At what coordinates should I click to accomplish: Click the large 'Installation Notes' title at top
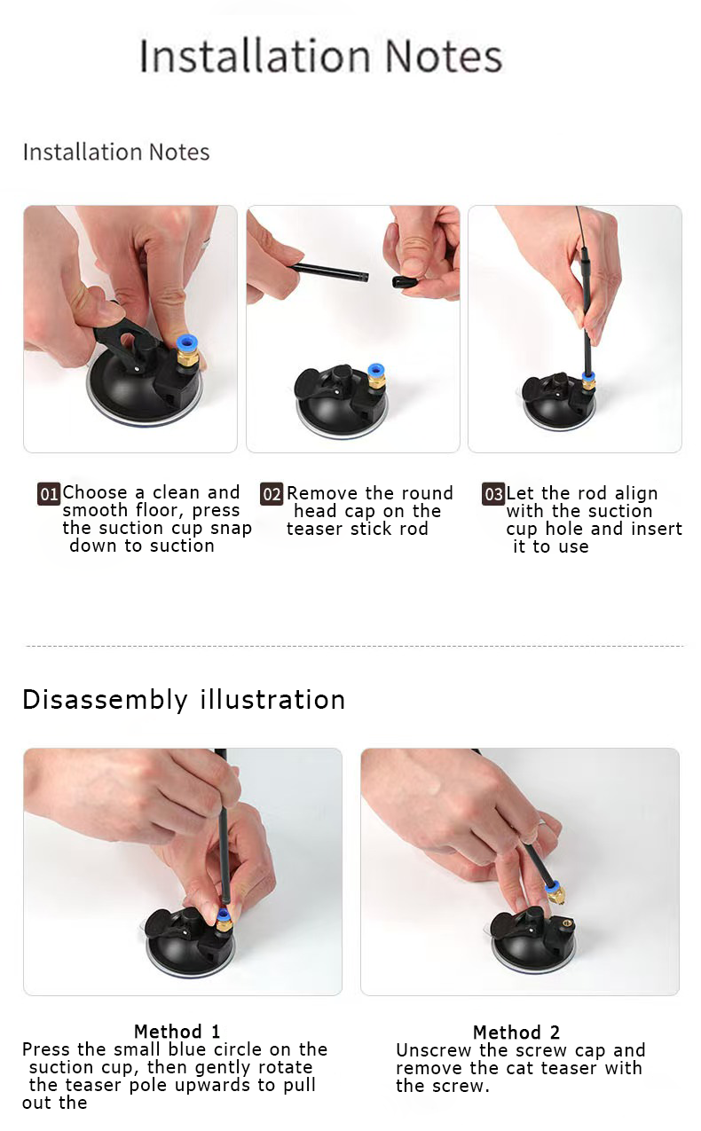(320, 56)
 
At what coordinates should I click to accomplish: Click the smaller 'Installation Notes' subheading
(116, 152)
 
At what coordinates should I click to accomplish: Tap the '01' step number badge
(48, 494)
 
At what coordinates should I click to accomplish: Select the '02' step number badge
(272, 494)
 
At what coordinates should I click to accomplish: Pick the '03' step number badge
(493, 494)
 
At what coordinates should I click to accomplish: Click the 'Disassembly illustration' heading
(184, 699)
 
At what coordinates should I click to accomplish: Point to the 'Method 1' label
(177, 1031)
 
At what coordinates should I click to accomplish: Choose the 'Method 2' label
(516, 1032)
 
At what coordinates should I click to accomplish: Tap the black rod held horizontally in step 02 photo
(330, 271)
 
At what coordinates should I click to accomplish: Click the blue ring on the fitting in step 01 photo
(186, 343)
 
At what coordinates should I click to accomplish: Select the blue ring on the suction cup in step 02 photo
(376, 368)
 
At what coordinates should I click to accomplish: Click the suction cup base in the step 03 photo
(556, 410)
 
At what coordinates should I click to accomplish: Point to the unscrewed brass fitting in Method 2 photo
(555, 893)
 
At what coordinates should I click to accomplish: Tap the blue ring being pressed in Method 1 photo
(224, 914)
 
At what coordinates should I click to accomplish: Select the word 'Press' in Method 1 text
(48, 1049)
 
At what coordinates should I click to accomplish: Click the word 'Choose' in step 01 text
(95, 492)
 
